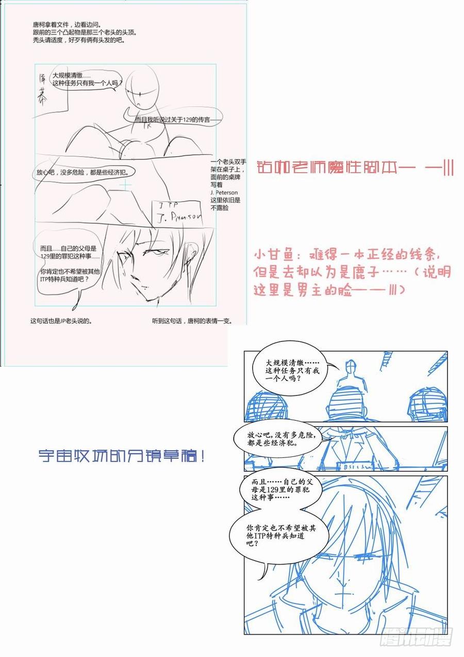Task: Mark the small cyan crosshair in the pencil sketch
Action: [x=125, y=185]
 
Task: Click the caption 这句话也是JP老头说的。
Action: [x=61, y=320]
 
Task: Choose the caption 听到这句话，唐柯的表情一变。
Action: [x=192, y=320]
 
